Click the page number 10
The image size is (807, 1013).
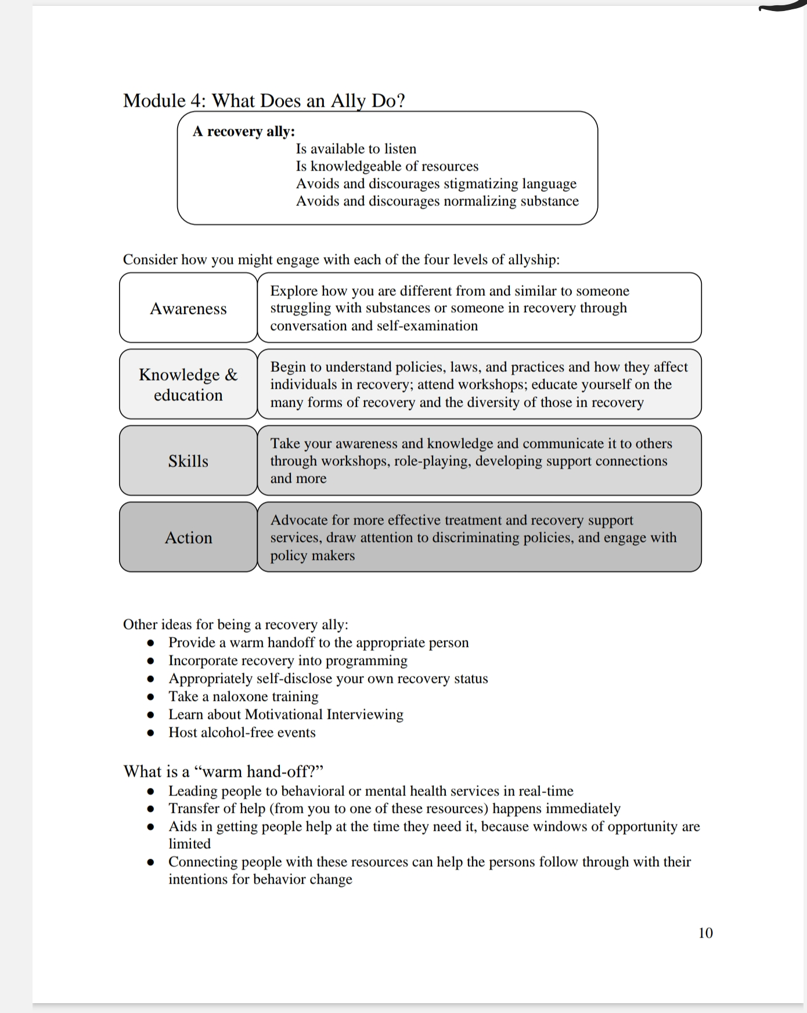(705, 932)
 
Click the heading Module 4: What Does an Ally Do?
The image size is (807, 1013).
(264, 100)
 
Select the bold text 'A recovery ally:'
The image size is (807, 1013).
(244, 131)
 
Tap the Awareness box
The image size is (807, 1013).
(188, 308)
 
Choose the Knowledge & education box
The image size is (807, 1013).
(188, 384)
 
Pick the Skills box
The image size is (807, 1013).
(188, 461)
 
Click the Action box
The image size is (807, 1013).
(188, 537)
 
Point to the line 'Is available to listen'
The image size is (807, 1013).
(356, 149)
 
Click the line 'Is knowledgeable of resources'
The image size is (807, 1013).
(387, 166)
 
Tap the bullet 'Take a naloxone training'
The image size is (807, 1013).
(243, 696)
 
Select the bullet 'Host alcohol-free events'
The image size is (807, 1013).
(242, 732)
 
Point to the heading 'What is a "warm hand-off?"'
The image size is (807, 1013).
(223, 771)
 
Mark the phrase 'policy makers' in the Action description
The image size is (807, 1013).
(312, 555)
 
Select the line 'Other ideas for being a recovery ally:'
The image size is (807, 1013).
(236, 624)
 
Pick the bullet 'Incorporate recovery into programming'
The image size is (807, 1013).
(288, 660)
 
